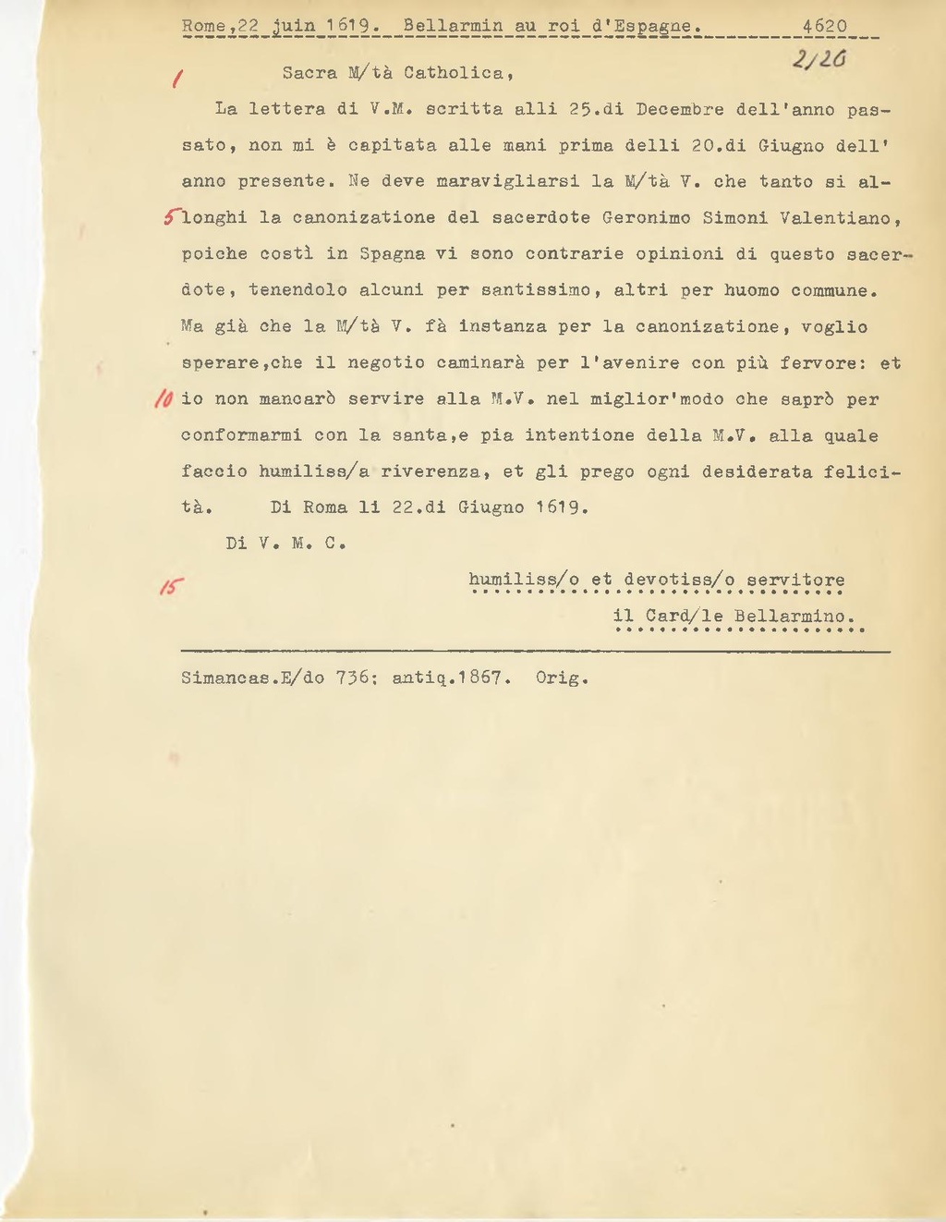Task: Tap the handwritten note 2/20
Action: coord(815,59)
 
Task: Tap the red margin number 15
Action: coord(170,588)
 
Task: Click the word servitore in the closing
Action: coord(795,580)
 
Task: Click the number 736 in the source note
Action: coord(352,678)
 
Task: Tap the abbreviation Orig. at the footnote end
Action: coord(562,678)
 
